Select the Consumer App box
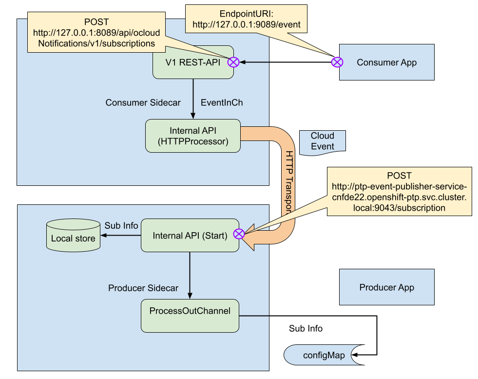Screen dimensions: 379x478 (x=386, y=62)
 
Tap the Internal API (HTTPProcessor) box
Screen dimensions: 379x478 (x=193, y=136)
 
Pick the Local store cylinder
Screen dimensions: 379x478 (x=73, y=236)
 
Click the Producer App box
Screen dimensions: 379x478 (x=386, y=287)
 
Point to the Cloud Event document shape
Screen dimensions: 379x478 (x=323, y=141)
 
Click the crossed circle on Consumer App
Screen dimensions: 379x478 (x=337, y=62)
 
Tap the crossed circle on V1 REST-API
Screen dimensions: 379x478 (x=234, y=62)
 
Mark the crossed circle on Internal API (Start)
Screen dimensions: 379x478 (x=239, y=234)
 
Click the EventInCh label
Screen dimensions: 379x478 (x=222, y=103)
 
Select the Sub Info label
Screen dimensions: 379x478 (x=121, y=225)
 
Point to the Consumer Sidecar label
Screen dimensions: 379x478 (x=143, y=103)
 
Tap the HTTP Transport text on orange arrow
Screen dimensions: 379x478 (x=289, y=181)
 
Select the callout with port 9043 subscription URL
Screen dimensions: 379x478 (x=399, y=191)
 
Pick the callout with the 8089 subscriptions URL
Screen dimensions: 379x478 (x=94, y=33)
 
